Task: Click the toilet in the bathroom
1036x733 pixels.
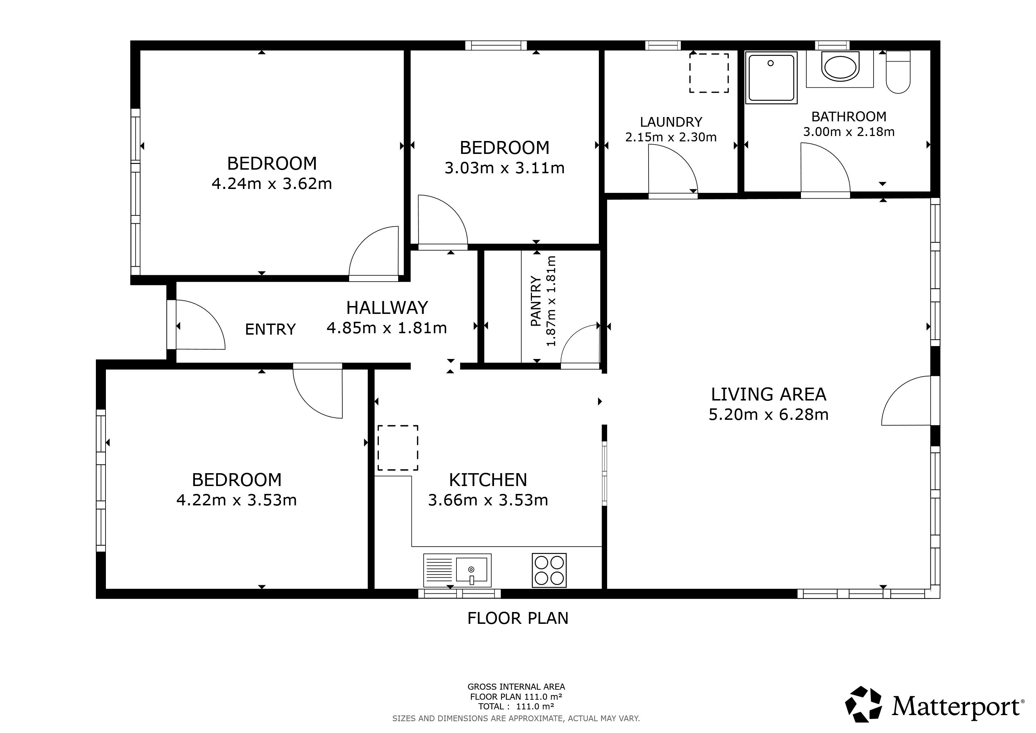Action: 898,72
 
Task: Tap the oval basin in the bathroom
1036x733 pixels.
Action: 840,67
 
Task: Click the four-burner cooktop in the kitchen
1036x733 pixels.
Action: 549,571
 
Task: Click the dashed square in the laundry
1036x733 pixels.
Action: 709,73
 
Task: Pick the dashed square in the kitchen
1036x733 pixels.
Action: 397,448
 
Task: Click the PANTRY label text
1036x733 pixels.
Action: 536,301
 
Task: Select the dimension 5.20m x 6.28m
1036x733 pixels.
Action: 768,414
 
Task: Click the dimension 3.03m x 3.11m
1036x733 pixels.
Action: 504,168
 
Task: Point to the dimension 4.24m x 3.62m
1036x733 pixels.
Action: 272,184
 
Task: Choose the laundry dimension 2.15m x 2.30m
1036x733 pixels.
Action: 671,137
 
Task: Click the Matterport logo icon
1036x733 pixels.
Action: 863,704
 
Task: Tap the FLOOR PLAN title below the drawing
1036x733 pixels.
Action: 518,618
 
